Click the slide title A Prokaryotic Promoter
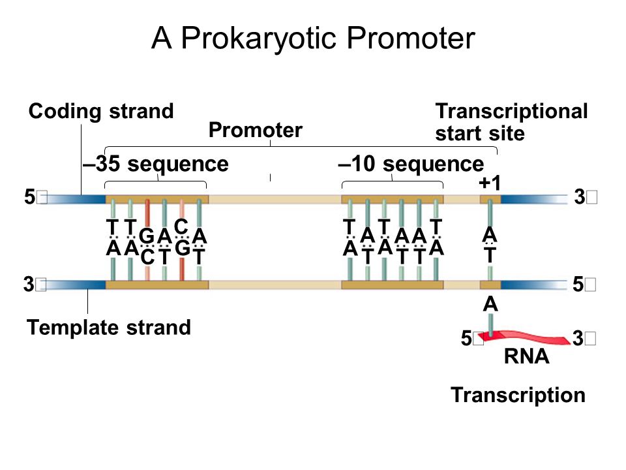(313, 39)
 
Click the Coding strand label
(101, 112)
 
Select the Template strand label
(109, 327)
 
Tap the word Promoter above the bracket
(255, 131)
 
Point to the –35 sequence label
(155, 164)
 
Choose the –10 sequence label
(411, 164)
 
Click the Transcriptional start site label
(511, 123)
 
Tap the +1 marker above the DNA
(490, 183)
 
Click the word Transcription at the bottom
(518, 395)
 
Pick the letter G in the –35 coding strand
(147, 235)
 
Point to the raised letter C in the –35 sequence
(182, 225)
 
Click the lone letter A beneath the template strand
(490, 304)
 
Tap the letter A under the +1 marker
(489, 234)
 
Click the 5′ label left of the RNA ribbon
(471, 338)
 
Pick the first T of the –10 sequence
(350, 227)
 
